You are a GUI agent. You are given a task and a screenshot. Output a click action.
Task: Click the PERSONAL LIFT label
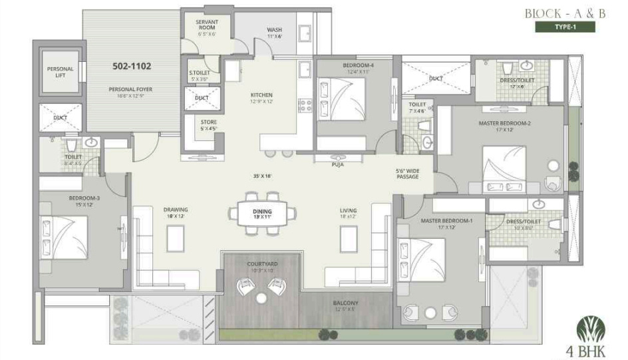(x=60, y=72)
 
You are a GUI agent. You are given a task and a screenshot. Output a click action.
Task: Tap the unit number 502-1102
(x=133, y=67)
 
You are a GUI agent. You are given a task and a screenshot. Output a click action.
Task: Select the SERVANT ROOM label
(x=207, y=26)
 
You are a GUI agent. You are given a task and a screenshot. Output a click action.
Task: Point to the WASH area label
(x=274, y=30)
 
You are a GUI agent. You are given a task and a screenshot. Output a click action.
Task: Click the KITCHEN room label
(x=261, y=95)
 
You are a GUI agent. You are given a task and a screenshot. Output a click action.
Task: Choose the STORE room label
(x=208, y=122)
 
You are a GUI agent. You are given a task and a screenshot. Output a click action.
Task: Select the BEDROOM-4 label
(x=358, y=65)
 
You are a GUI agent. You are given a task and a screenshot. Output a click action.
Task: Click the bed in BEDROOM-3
(x=65, y=237)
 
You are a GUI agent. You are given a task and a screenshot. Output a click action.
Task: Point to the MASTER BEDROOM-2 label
(x=504, y=123)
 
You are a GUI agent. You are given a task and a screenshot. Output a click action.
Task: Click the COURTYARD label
(x=261, y=264)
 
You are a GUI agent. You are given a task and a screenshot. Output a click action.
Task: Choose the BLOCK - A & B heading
(x=560, y=13)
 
